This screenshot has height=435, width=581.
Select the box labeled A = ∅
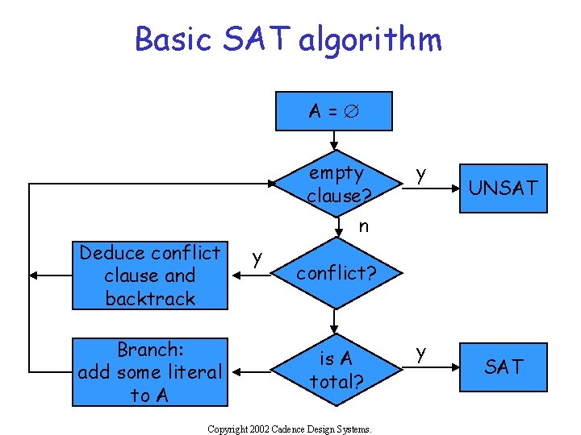334,111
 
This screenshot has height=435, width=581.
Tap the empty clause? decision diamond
336,184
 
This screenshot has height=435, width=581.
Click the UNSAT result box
503,188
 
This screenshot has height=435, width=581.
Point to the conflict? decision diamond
336,273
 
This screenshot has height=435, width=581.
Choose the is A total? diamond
336,369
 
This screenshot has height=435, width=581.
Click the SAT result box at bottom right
503,367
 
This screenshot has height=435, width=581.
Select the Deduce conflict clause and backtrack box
150,275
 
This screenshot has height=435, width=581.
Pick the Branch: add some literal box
150,372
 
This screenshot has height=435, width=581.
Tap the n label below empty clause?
364,226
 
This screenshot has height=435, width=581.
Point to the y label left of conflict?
257,258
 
